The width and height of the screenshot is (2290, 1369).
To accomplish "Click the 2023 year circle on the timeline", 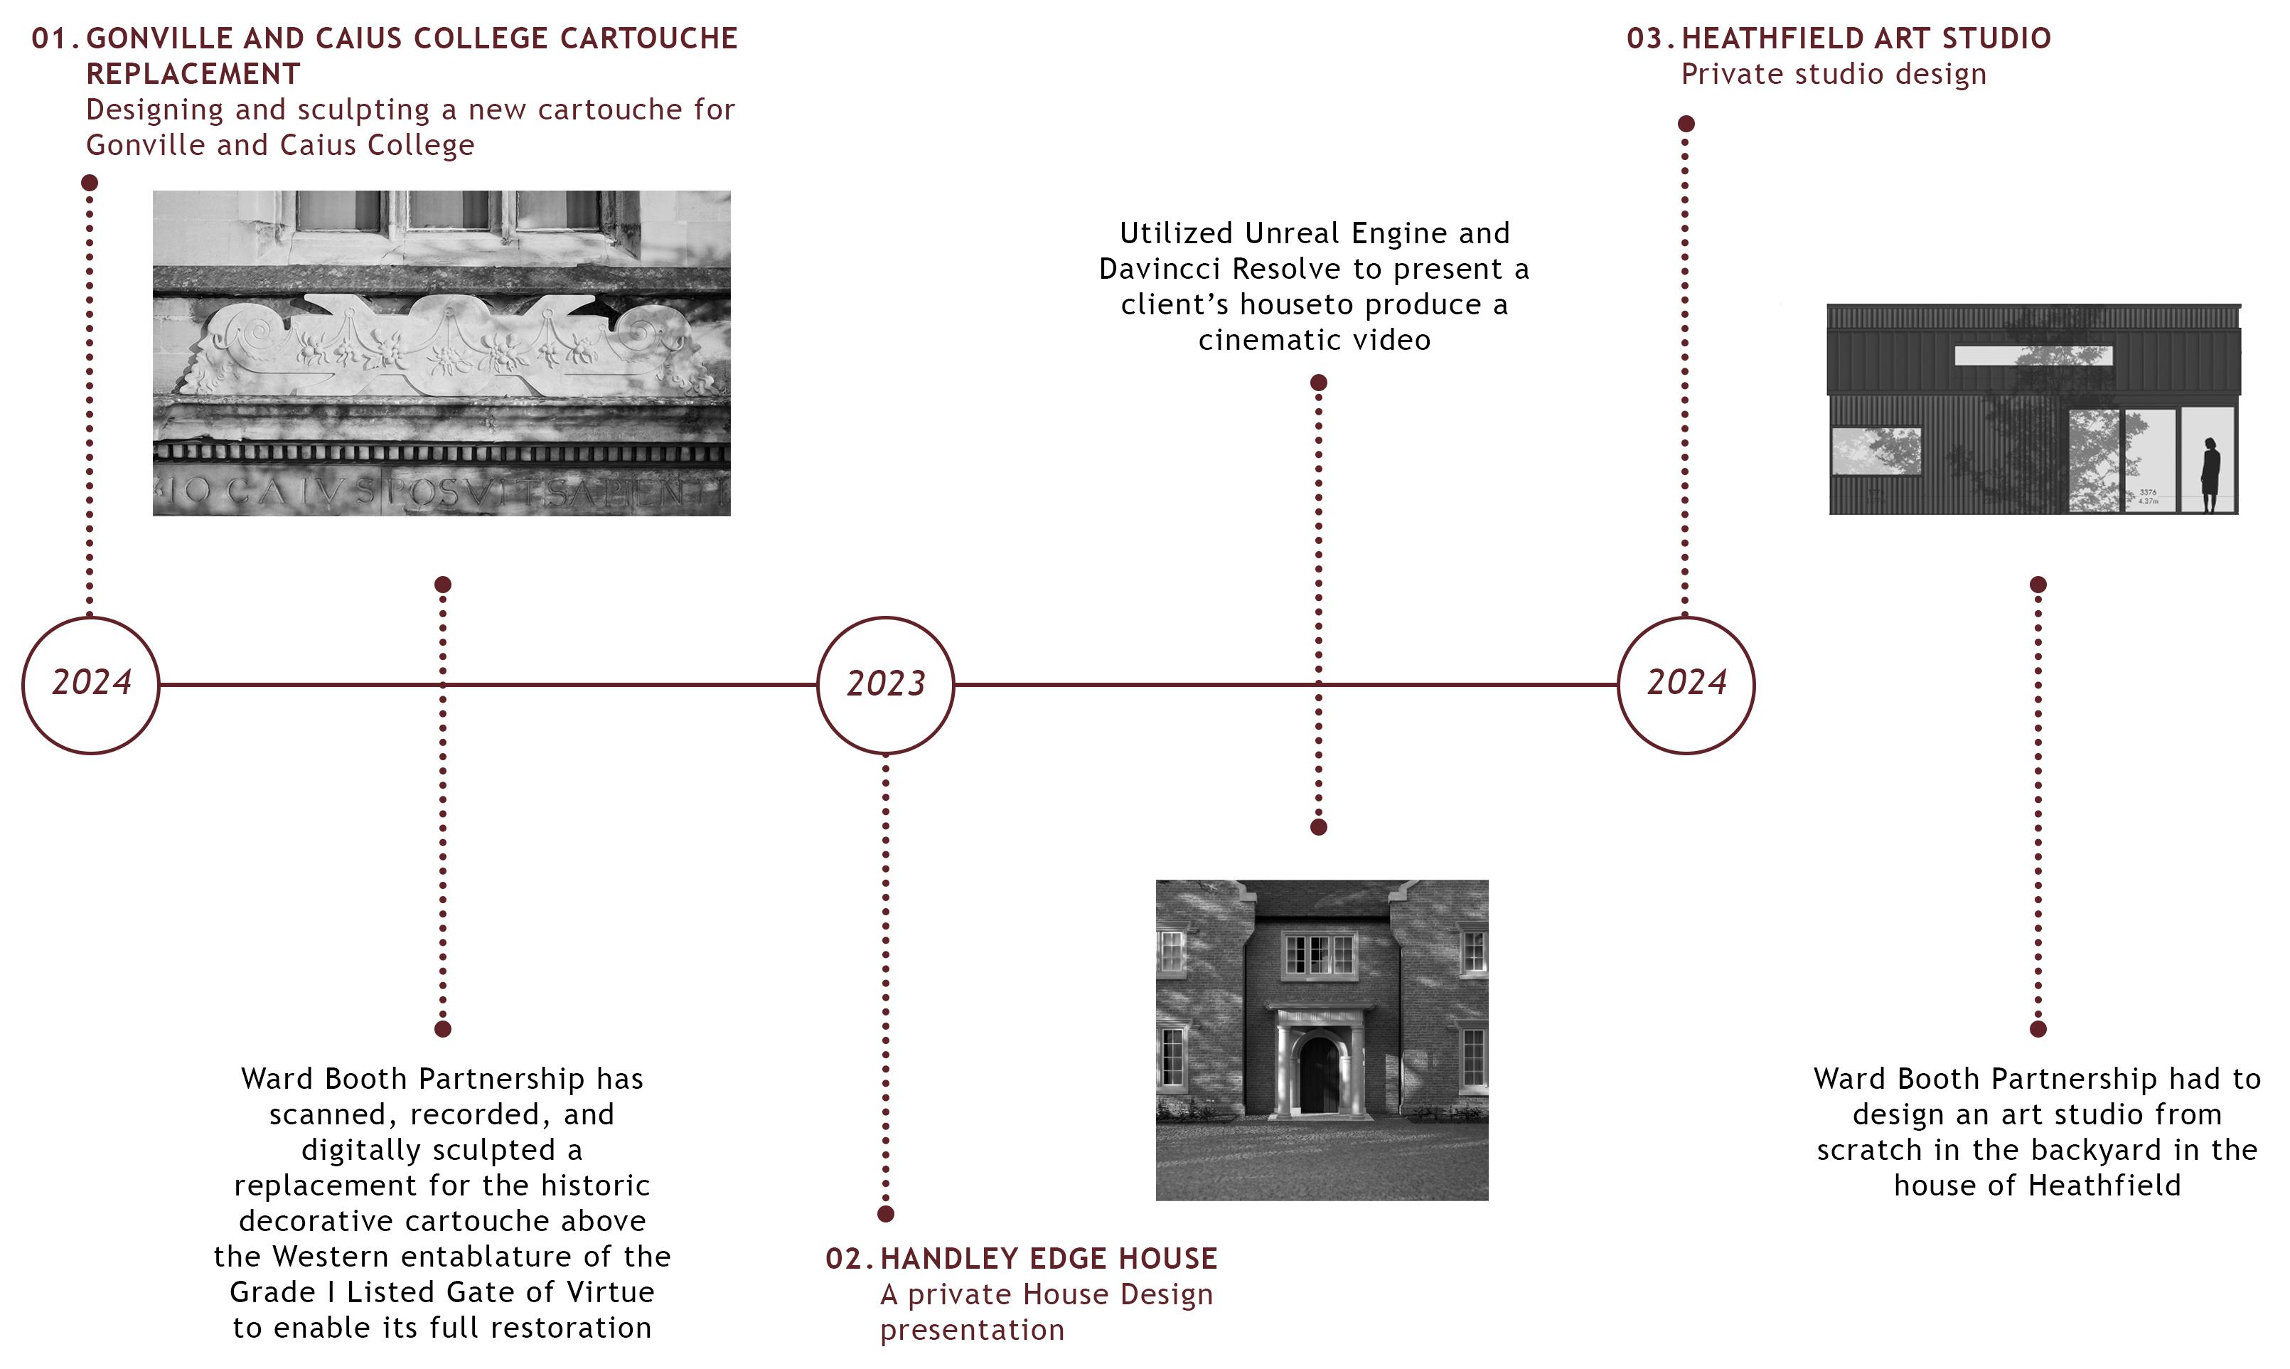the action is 885,684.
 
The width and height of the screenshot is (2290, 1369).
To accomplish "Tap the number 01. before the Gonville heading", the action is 55,38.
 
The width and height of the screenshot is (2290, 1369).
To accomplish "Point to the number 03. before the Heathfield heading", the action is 1650,38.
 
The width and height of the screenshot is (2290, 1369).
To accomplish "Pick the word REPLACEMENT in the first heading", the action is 193,74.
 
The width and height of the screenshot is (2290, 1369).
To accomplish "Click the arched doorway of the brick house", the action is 1319,1075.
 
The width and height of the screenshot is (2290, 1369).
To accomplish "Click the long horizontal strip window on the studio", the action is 2033,355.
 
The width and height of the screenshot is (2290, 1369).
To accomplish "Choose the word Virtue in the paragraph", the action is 609,1291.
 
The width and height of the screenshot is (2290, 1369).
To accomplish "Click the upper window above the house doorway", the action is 1319,954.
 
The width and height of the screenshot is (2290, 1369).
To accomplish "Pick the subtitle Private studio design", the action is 1833,75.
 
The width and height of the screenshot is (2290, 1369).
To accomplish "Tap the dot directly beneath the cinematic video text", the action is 1318,382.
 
